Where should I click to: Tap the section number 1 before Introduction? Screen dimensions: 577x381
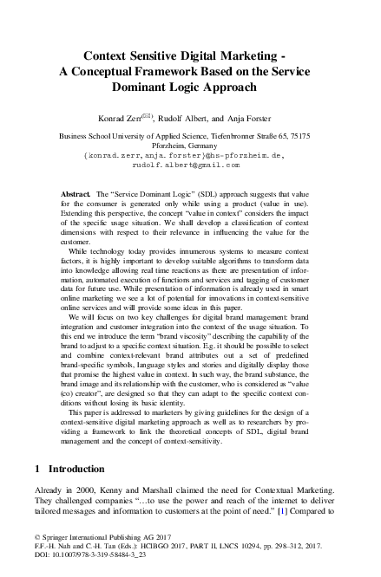(37, 468)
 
